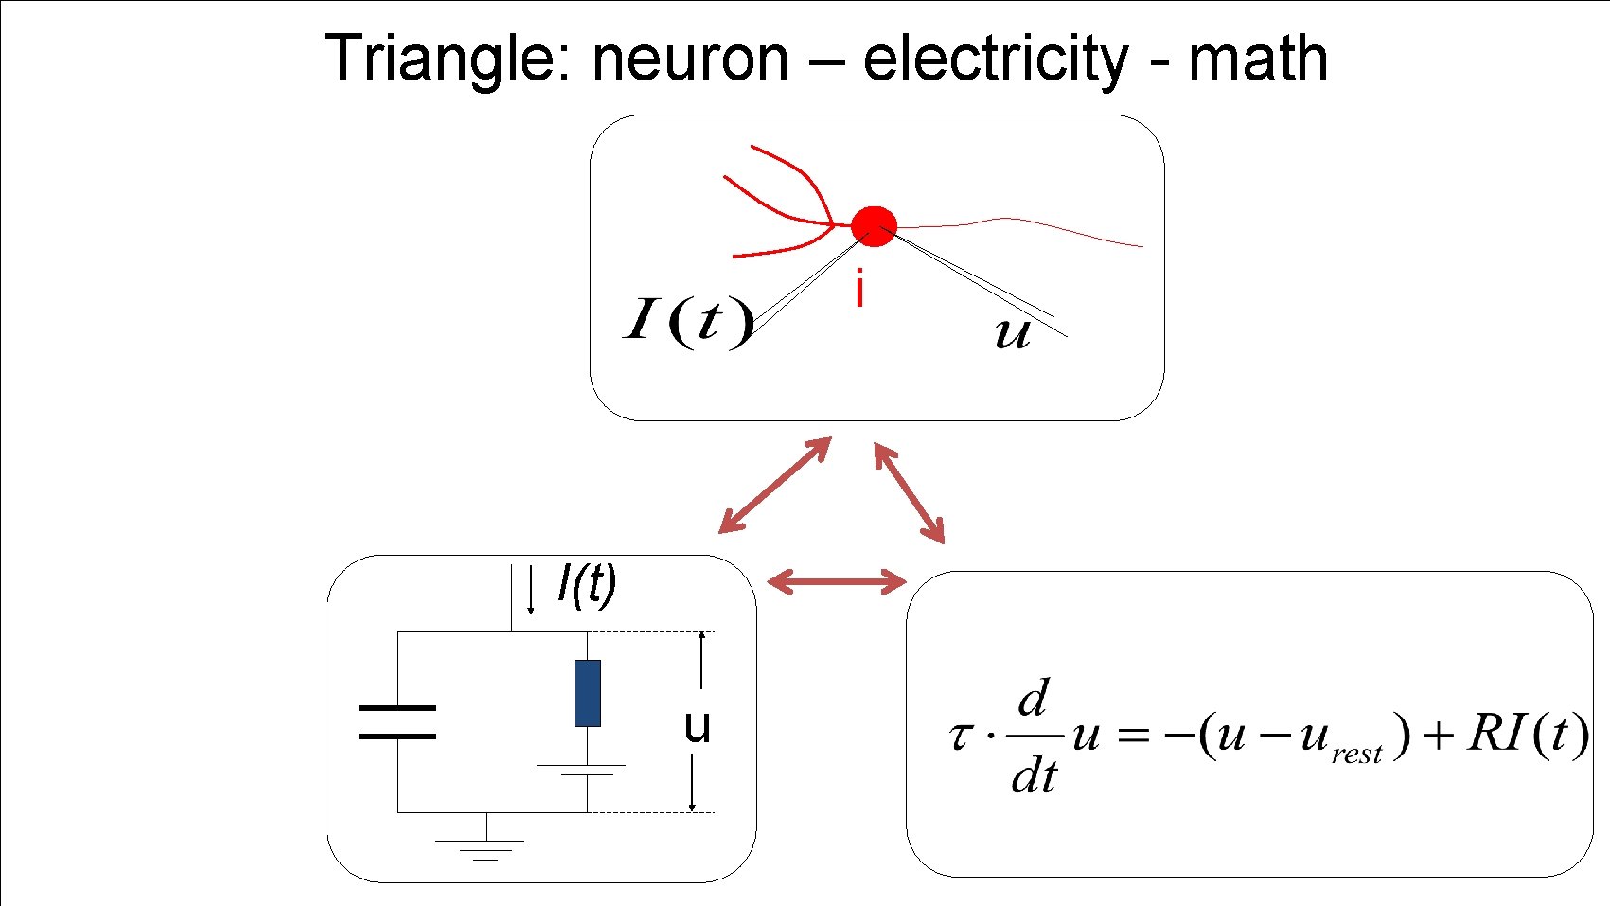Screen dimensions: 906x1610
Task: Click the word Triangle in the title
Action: tap(441, 59)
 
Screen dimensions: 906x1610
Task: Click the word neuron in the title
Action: tap(690, 59)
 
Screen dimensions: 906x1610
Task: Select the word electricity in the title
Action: tap(995, 59)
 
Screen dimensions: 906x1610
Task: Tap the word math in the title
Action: tap(1258, 59)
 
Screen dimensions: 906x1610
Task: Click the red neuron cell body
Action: tap(873, 226)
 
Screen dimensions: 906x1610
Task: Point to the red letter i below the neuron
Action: tap(858, 289)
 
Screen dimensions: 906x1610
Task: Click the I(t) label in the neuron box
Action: tap(688, 321)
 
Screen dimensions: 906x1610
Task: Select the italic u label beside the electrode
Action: tap(1012, 333)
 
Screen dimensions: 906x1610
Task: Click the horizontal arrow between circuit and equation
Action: tap(836, 580)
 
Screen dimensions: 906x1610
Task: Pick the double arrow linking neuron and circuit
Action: tap(775, 485)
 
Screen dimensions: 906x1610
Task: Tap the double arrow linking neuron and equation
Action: tap(909, 492)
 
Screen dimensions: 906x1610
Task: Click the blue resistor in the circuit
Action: tap(588, 693)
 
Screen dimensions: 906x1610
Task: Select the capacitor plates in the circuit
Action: tap(398, 721)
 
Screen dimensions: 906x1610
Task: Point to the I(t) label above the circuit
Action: tap(587, 584)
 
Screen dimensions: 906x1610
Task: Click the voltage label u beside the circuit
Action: tap(697, 726)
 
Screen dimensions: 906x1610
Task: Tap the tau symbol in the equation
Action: tap(960, 736)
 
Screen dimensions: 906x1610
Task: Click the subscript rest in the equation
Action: tap(1356, 754)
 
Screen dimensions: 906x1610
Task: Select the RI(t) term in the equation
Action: tap(1526, 734)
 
